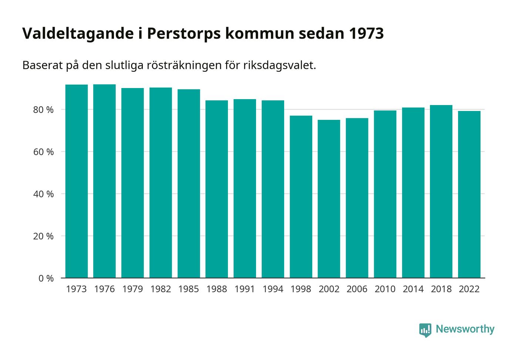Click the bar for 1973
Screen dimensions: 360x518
[77, 181]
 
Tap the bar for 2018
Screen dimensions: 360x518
[441, 191]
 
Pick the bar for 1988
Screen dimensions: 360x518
[217, 189]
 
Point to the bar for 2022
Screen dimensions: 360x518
[469, 194]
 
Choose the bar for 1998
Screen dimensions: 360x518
[301, 196]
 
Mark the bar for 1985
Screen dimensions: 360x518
[189, 184]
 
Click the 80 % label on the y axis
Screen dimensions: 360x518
[44, 110]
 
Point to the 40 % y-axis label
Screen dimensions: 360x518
[44, 194]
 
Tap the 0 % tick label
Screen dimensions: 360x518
[46, 278]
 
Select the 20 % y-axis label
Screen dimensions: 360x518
[44, 236]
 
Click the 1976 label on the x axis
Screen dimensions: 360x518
[104, 289]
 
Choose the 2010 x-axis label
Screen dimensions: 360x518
[385, 289]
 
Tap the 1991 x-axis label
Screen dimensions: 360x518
[245, 289]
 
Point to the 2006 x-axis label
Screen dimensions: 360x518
[357, 289]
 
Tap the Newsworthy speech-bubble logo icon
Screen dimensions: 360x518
[425, 330]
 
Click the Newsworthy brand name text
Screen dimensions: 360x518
[465, 329]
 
